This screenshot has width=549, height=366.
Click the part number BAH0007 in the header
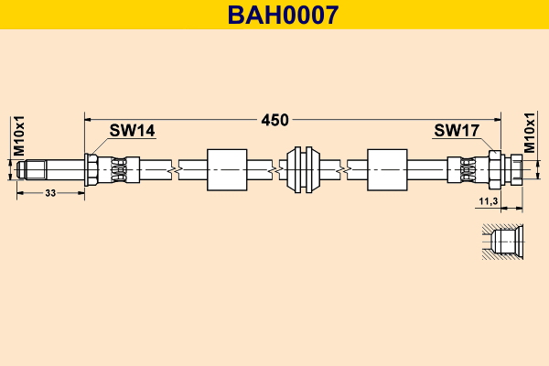coord(283,15)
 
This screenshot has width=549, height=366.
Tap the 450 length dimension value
coord(274,120)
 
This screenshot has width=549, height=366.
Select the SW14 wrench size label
coord(132,131)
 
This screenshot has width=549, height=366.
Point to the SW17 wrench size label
coord(457,131)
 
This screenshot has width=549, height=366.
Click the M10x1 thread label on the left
coord(18,136)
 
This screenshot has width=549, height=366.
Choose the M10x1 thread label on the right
coord(530,133)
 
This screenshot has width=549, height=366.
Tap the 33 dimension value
coord(50,193)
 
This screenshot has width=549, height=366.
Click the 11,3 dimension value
coord(489,201)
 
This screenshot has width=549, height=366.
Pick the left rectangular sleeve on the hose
coord(227,170)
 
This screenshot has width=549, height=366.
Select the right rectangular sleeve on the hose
coord(387,170)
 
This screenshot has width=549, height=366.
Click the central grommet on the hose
coord(303,170)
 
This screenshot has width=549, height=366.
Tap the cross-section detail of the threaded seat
coord(502,242)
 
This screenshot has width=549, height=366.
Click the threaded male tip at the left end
coord(31,169)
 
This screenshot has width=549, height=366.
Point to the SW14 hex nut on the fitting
coord(91,170)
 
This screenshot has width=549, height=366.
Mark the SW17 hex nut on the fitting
coord(495,170)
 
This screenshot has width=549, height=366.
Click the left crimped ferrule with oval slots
coord(118,170)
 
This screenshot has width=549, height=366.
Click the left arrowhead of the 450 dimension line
coord(88,120)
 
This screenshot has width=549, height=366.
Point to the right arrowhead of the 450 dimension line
coord(498,120)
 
